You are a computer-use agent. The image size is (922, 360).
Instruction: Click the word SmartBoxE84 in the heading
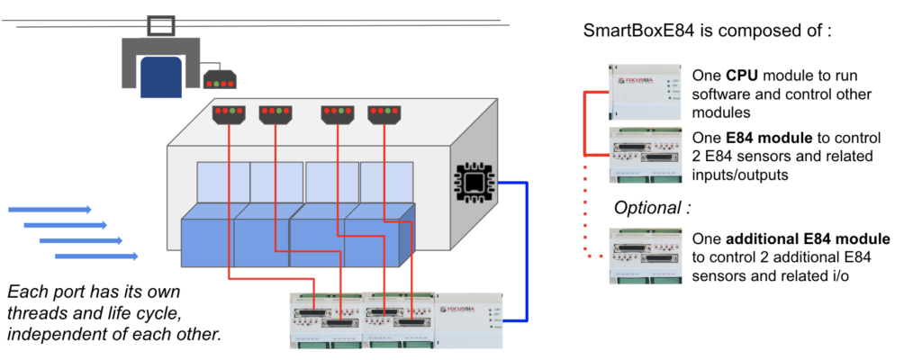pos(637,31)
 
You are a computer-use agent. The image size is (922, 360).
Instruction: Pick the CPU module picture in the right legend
pos(645,89)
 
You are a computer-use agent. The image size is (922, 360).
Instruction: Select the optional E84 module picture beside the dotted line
pos(645,256)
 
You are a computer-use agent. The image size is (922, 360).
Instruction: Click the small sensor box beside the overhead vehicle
pos(218,81)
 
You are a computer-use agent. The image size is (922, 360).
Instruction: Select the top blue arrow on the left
pos(50,210)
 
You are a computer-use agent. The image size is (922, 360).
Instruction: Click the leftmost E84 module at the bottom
pos(323,319)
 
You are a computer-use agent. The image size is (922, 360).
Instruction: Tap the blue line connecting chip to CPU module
pos(526,252)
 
